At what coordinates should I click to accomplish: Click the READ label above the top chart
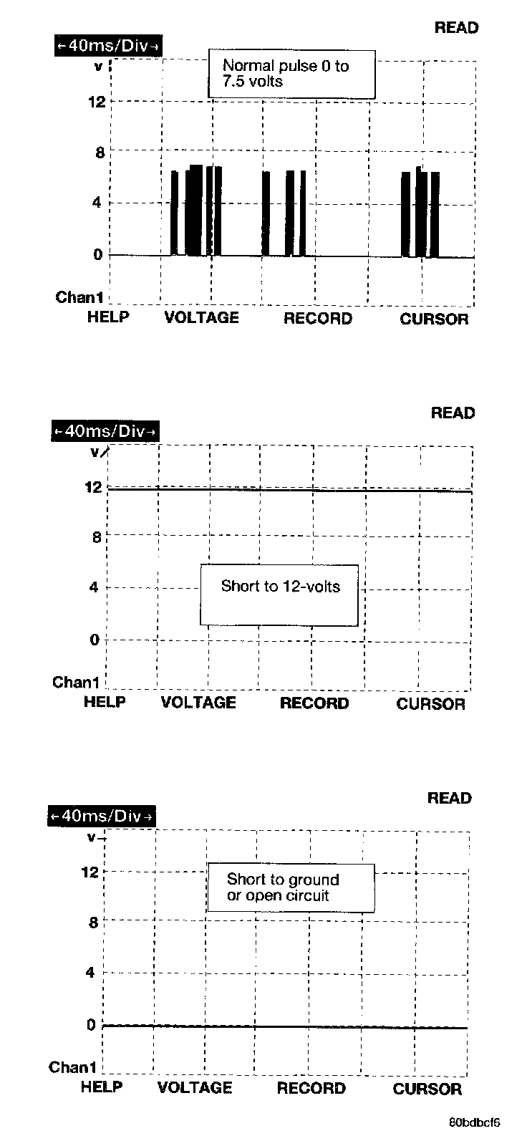456,28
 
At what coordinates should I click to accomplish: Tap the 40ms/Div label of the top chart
107,46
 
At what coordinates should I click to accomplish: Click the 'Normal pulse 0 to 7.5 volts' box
291,74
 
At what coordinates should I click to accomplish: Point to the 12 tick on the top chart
97,102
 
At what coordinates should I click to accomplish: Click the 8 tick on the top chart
100,153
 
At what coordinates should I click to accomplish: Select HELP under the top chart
109,317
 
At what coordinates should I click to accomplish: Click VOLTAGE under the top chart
202,318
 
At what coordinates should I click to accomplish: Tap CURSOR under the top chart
434,319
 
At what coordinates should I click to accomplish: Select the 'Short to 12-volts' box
279,595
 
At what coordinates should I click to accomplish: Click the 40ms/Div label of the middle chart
105,431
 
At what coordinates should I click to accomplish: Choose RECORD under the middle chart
314,703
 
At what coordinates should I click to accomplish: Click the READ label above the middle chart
453,413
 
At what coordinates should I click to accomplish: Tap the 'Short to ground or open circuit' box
291,887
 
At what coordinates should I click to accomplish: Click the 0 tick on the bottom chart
92,1025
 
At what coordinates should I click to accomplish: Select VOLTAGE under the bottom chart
195,1088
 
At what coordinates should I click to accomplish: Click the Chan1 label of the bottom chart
72,1067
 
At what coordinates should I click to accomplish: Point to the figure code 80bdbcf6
475,1122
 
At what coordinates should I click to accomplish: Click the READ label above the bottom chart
450,798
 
